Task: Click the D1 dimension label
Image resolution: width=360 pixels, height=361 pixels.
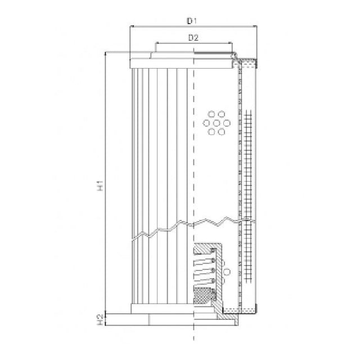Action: coord(192,21)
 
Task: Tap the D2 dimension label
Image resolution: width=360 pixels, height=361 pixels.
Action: coord(192,38)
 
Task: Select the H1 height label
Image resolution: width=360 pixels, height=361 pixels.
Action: coord(100,186)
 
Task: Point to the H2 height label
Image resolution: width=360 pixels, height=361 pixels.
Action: coord(100,319)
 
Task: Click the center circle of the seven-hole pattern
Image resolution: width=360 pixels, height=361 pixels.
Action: coord(214,123)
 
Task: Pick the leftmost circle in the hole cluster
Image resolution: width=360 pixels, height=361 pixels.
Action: coord(205,123)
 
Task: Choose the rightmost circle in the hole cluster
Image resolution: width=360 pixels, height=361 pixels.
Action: coord(223,123)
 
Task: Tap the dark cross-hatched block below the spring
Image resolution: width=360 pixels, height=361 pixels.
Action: coord(204,295)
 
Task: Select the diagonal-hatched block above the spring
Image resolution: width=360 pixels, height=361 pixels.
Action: coord(204,249)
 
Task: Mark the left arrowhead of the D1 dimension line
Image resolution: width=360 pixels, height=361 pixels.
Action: coord(132,26)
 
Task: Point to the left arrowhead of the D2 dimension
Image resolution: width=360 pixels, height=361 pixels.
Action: coord(157,43)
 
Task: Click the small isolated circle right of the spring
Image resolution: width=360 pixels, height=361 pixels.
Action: coord(226,272)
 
